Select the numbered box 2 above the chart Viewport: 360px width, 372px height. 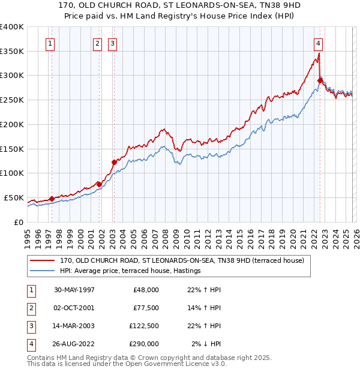click(x=97, y=43)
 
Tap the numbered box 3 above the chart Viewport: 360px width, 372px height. click(x=113, y=43)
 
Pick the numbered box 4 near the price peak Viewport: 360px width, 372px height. click(x=318, y=43)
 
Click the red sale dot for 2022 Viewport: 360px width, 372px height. click(x=320, y=80)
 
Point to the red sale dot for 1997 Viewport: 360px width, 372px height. click(x=52, y=199)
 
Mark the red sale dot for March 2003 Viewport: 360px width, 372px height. click(x=113, y=162)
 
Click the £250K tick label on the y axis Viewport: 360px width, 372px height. click(x=11, y=100)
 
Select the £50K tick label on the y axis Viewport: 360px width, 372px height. click(x=14, y=197)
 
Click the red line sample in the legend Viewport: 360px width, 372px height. click(x=43, y=261)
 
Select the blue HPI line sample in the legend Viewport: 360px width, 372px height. click(x=43, y=271)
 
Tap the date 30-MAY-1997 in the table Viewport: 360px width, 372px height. click(x=74, y=290)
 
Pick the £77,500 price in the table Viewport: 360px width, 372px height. click(x=144, y=308)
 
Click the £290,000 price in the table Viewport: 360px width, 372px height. click(x=144, y=344)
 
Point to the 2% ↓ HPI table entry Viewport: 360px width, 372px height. click(x=206, y=344)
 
